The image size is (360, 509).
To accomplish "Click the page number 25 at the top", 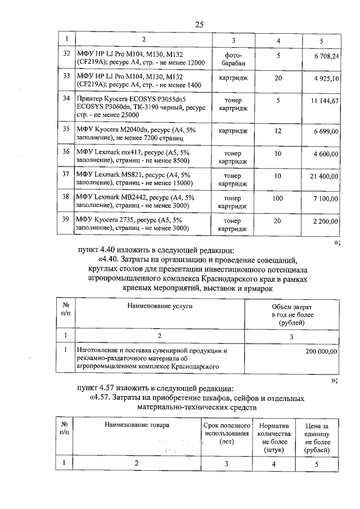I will click(x=199, y=24).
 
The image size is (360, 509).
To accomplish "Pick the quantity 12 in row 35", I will click(x=278, y=131).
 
